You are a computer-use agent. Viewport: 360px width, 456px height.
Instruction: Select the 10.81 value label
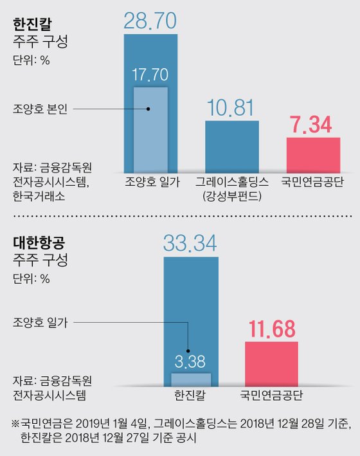point(231,107)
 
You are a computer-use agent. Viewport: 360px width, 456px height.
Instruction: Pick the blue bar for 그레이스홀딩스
point(231,145)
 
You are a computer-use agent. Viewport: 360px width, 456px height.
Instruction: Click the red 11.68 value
point(272,329)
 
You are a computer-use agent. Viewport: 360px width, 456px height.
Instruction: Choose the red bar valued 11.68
point(272,363)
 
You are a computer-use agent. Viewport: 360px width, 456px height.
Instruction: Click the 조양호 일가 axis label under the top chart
point(150,182)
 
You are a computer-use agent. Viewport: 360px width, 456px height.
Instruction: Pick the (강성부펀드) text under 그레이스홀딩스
point(231,196)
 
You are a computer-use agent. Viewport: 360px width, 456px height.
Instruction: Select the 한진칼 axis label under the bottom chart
point(190,394)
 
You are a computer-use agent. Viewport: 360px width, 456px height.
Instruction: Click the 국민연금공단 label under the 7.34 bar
point(313,182)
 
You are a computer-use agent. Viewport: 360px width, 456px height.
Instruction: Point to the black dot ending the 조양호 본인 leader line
point(148,109)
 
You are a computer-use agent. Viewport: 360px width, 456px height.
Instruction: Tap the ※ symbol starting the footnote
point(15,424)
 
